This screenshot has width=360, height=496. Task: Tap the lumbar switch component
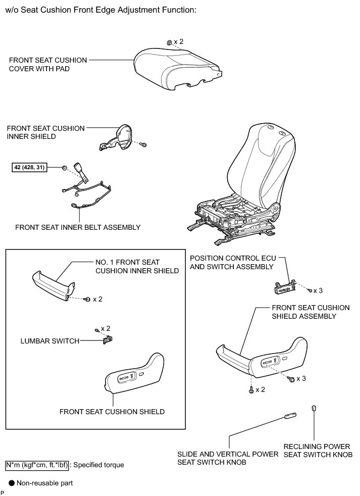pos(107,340)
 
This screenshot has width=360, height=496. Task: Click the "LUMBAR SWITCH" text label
pos(49,341)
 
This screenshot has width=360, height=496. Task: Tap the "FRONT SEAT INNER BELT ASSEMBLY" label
pos(78,227)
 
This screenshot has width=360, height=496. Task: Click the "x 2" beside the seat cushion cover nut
pos(178,41)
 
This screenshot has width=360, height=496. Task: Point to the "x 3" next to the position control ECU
pos(318,290)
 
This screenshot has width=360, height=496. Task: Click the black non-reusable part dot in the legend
pos(11,483)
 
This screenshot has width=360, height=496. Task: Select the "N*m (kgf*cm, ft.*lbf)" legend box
pos(36,464)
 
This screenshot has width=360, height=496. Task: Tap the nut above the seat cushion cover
pos(169,41)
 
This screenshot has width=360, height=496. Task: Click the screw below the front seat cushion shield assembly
pos(251,390)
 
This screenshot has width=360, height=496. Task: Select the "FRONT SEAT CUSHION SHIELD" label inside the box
pos(112,412)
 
